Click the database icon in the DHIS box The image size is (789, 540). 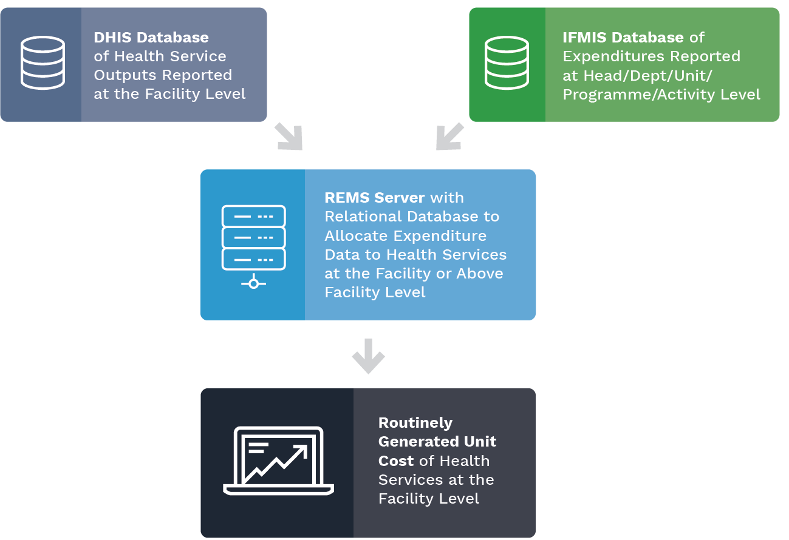43,63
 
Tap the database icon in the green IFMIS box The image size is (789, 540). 507,63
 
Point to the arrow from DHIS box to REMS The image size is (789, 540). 289,136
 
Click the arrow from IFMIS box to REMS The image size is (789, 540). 449,136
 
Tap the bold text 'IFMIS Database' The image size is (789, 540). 623,38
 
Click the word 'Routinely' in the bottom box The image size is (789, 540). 415,423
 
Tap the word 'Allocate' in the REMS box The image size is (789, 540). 356,235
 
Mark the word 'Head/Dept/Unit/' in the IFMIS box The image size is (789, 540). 647,76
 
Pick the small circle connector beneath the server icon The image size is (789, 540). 253,283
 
